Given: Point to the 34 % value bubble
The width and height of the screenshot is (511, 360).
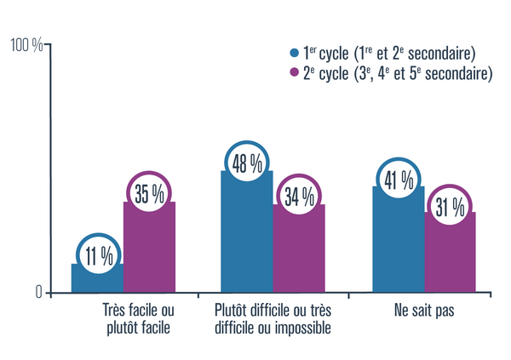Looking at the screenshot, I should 298,197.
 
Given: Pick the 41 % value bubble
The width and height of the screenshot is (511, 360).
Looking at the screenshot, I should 399,180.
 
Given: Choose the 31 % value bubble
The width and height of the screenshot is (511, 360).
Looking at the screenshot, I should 450,206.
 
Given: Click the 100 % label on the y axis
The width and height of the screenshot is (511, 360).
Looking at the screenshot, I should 26,46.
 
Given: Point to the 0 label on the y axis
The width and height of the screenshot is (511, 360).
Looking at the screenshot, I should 38,292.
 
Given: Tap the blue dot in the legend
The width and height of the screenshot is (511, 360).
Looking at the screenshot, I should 295,53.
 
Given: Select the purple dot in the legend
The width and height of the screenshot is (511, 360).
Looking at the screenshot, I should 295,73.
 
